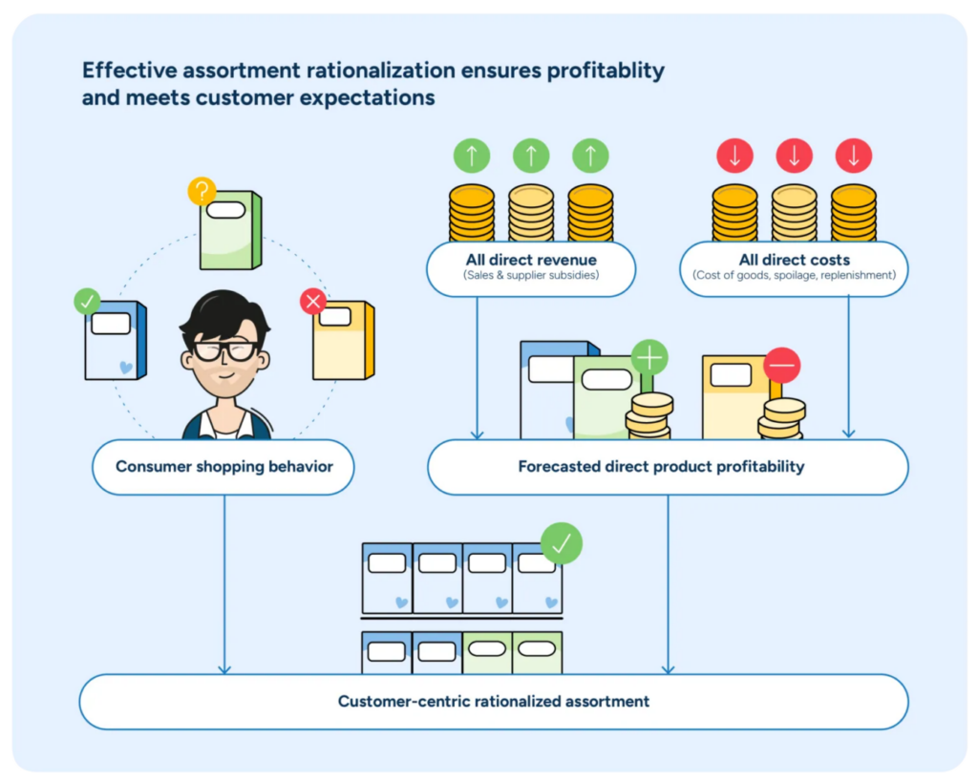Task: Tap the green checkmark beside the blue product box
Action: click(87, 302)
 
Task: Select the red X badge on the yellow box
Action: click(313, 303)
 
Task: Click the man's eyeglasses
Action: click(225, 350)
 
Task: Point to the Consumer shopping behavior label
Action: click(224, 467)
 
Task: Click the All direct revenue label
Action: click(531, 260)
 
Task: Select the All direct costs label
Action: click(794, 260)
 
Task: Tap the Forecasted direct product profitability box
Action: click(661, 467)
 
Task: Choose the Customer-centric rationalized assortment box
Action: click(493, 702)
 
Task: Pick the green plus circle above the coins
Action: click(649, 358)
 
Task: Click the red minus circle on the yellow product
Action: click(782, 365)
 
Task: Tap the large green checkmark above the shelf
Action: click(562, 543)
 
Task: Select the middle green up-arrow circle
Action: click(531, 156)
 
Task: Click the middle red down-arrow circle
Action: click(794, 156)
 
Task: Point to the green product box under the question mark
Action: click(229, 230)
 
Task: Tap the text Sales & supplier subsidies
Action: click(531, 276)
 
